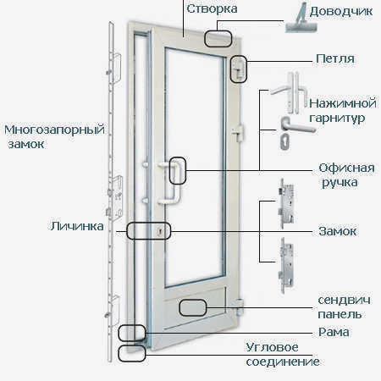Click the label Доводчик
click(x=341, y=12)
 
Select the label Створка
click(x=212, y=8)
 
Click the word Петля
click(x=335, y=59)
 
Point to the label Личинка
click(x=77, y=226)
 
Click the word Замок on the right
click(x=337, y=231)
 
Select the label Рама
click(x=334, y=332)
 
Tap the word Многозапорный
click(x=54, y=130)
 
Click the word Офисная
click(x=346, y=168)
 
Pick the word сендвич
click(x=344, y=300)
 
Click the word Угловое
click(x=272, y=348)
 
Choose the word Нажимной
click(x=343, y=103)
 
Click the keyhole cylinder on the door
click(x=160, y=232)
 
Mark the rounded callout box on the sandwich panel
click(x=193, y=307)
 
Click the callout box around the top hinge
click(x=239, y=69)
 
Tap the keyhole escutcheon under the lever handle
click(x=284, y=141)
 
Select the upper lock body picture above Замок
click(x=285, y=203)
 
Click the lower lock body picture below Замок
click(x=285, y=265)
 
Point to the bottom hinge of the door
click(x=240, y=307)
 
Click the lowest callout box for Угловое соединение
click(x=132, y=353)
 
